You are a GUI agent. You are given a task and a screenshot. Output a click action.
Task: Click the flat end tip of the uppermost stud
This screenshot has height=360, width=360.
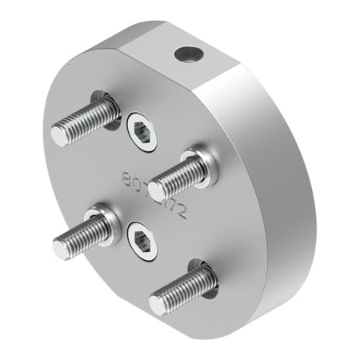click(62, 133)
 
